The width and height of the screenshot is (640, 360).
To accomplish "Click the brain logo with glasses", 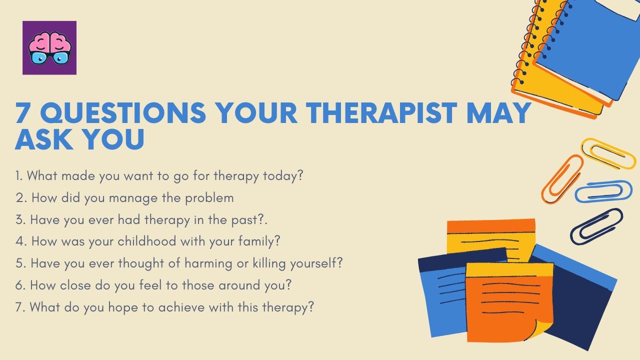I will click(x=49, y=48).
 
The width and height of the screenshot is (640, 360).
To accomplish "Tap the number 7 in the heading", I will click(x=24, y=113).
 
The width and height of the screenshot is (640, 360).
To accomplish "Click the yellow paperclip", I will click(x=608, y=153).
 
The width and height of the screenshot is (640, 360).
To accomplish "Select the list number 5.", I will click(x=20, y=263).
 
